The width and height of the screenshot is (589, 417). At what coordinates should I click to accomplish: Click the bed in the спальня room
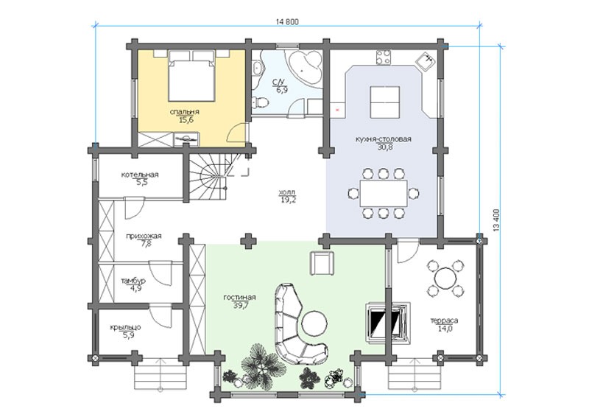point(191,76)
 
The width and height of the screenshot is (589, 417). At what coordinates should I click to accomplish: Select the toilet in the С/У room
point(260,102)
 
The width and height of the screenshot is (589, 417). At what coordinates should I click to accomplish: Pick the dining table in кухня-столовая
point(383,193)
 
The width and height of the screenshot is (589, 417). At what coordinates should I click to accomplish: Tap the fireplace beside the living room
point(387,321)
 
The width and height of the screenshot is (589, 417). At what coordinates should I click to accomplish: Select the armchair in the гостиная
point(322,264)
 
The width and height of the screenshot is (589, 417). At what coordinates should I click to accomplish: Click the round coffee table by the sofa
point(315,323)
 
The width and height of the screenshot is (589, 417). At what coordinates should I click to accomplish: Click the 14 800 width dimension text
point(287,22)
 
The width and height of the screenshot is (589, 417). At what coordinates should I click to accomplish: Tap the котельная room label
point(140,175)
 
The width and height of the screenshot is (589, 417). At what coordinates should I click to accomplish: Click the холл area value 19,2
point(288,200)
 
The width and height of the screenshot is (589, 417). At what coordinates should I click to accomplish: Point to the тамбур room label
point(133,281)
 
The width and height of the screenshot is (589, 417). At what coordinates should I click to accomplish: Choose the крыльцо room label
point(125,328)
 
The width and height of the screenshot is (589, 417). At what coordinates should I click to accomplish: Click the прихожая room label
point(144,236)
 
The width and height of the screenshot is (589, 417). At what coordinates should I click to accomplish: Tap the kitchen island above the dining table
point(384,102)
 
